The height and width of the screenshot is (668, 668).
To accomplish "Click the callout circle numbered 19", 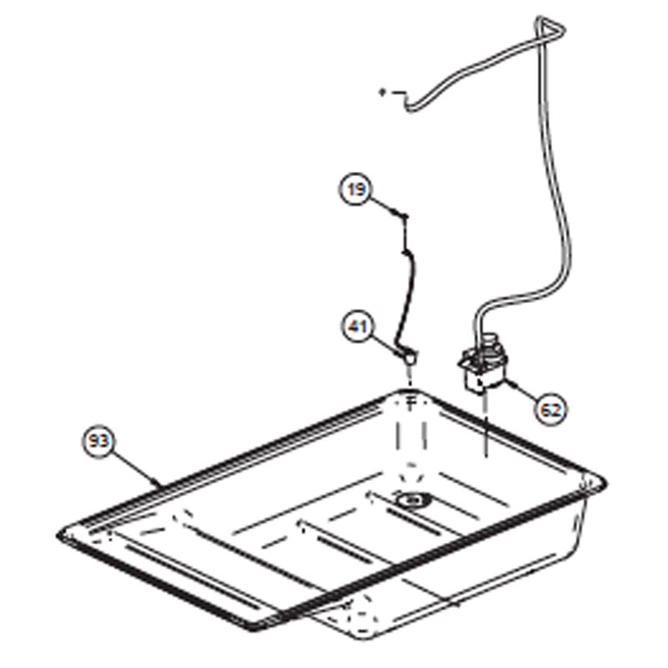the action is point(357,190).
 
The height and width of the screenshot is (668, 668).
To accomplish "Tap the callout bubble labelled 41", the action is point(358,326).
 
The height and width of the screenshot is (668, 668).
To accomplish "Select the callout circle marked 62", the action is point(551,410).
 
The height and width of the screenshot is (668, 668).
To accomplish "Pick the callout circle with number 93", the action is point(99,442).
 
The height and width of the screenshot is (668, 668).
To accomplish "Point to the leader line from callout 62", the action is point(521,391).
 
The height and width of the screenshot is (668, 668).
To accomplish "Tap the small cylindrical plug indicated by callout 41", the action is point(409,357).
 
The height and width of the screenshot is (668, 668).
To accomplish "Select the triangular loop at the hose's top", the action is point(549,29).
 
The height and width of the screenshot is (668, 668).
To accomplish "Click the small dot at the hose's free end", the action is point(382,92).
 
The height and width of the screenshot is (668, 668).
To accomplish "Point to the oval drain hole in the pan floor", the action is point(412,499).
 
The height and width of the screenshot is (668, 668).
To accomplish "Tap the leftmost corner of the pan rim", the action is point(58,535).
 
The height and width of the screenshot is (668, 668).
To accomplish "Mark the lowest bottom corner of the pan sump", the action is point(362,638).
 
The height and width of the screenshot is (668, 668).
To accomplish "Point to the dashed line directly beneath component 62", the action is point(485,426).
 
